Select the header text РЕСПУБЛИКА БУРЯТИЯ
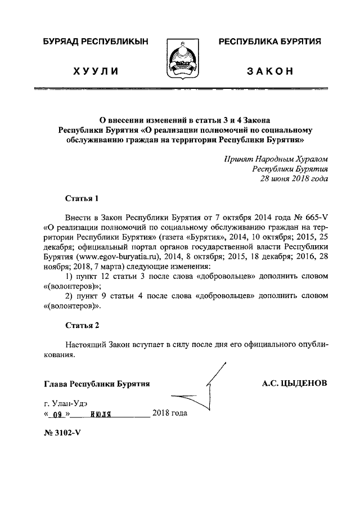tap(269, 42)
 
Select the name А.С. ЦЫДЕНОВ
tap(294, 384)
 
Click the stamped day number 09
tap(56, 415)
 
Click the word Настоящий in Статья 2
tap(84, 344)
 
